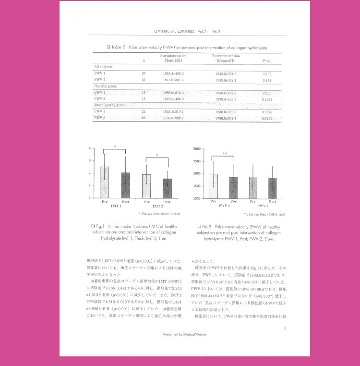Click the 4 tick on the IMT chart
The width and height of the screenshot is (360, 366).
(90, 148)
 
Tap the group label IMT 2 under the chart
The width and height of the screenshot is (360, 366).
(157, 206)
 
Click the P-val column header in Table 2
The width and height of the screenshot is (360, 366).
(267, 61)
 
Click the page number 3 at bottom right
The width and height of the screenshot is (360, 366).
(285, 328)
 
